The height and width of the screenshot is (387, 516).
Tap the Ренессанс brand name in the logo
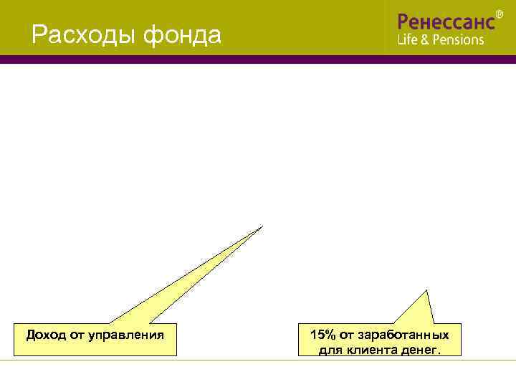coord(445,21)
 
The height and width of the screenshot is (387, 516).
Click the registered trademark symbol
coord(500,14)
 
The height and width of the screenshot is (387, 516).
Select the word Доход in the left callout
coord(44,335)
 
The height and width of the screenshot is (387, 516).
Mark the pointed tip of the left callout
coord(263,226)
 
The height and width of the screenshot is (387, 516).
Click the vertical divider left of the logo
coord(386,27)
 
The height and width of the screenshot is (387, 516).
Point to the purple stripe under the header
coord(258,59)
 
